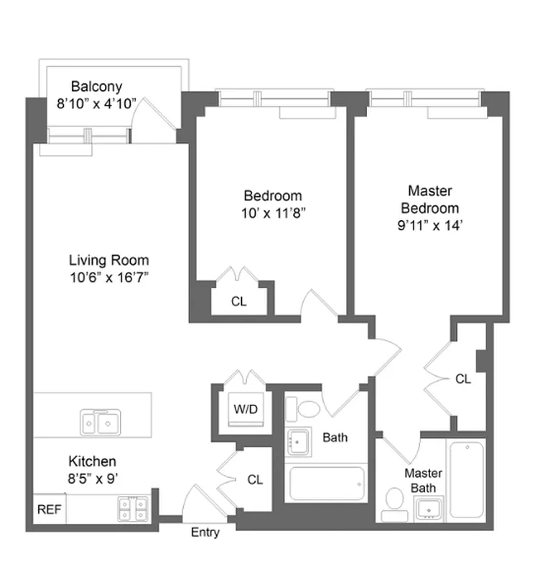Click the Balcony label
pyautogui.click(x=96, y=87)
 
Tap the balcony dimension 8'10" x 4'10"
pyautogui.click(x=96, y=103)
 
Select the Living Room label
pyautogui.click(x=109, y=260)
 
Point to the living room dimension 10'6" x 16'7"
pyautogui.click(x=109, y=276)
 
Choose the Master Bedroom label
pyautogui.click(x=429, y=199)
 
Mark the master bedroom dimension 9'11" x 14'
pyautogui.click(x=429, y=225)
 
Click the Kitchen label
pyautogui.click(x=92, y=461)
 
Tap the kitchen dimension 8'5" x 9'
pyautogui.click(x=92, y=477)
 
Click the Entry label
pyautogui.click(x=205, y=533)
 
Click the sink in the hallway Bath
pyautogui.click(x=298, y=441)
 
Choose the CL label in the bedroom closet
pyautogui.click(x=238, y=302)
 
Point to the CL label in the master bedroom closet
pyautogui.click(x=463, y=379)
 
